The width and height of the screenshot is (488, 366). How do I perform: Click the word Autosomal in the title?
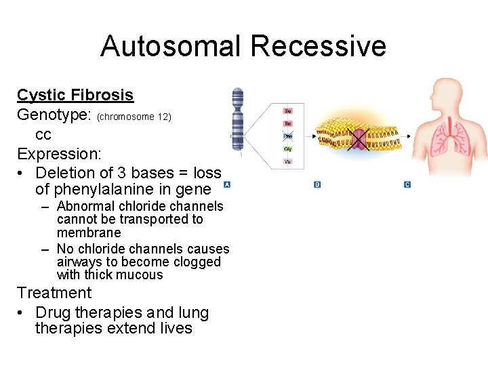pyautogui.click(x=171, y=46)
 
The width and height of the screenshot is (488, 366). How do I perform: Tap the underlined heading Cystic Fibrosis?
pyautogui.click(x=75, y=95)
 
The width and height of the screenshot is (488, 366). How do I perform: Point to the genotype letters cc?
pyautogui.click(x=43, y=134)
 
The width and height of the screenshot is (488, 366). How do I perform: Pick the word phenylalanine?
pyautogui.click(x=112, y=190)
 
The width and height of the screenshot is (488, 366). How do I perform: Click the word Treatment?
pyautogui.click(x=54, y=293)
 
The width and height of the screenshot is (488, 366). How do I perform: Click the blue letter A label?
pyautogui.click(x=228, y=184)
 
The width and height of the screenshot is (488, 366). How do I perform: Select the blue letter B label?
pyautogui.click(x=317, y=184)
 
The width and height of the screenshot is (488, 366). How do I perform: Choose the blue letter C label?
pyautogui.click(x=407, y=184)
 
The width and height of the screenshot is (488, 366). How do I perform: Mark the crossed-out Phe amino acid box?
pyautogui.click(x=288, y=136)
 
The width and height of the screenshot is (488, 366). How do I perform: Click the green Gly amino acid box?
pyautogui.click(x=288, y=149)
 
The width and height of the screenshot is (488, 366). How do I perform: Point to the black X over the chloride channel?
pyautogui.click(x=357, y=138)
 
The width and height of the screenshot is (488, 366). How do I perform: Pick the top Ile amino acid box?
pyautogui.click(x=288, y=110)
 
